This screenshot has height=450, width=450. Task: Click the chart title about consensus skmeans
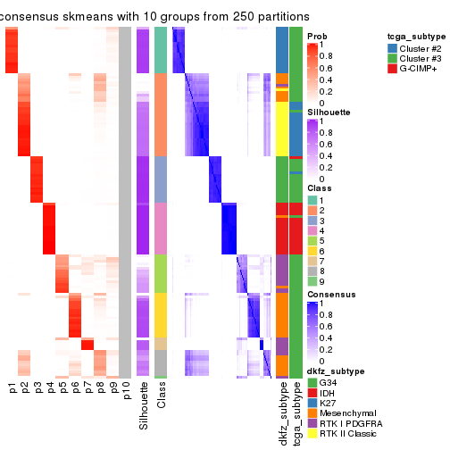(x=156, y=17)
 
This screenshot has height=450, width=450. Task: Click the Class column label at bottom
(x=161, y=395)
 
